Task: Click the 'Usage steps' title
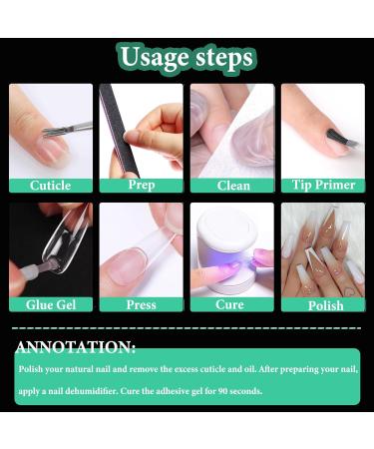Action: pyautogui.click(x=187, y=57)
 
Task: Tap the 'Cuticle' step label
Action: pyautogui.click(x=50, y=185)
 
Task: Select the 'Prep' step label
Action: pyautogui.click(x=141, y=185)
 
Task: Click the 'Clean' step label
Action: pyautogui.click(x=233, y=185)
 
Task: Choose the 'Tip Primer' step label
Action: pyautogui.click(x=322, y=185)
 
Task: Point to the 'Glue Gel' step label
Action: pyautogui.click(x=50, y=304)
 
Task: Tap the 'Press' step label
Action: pyautogui.click(x=141, y=304)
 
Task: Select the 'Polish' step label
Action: pyautogui.click(x=322, y=304)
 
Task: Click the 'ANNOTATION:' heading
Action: pyautogui.click(x=76, y=347)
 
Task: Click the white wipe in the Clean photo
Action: pyautogui.click(x=244, y=140)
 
